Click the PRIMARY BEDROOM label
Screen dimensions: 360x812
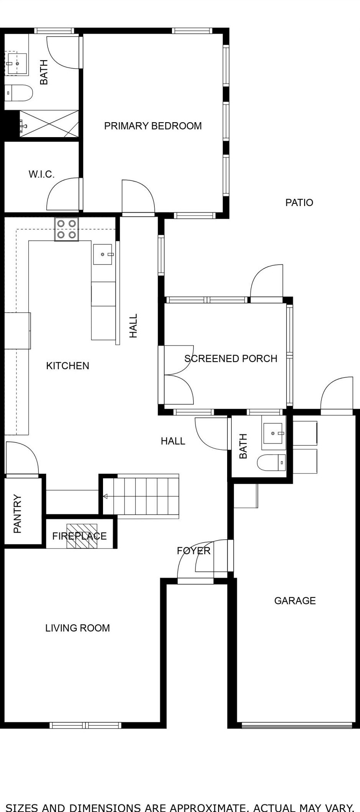pos(153,126)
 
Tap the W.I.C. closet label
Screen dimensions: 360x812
pos(41,174)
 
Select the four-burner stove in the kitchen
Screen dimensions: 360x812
pos(67,229)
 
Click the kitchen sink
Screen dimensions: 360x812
pos(103,254)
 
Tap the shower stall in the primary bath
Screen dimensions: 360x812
pos(49,124)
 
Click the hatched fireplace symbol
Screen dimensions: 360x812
pos(82,536)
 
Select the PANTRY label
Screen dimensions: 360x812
pos(17,514)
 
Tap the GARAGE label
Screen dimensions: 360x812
pos(295,601)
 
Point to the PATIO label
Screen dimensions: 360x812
pos(299,203)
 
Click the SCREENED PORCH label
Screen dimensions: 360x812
pos(231,359)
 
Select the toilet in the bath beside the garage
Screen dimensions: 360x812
pos(271,462)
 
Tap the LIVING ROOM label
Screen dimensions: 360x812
pos(77,628)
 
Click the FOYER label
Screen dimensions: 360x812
pos(194,551)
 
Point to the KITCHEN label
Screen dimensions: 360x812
pos(67,366)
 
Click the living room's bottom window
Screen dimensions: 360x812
pos(85,725)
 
